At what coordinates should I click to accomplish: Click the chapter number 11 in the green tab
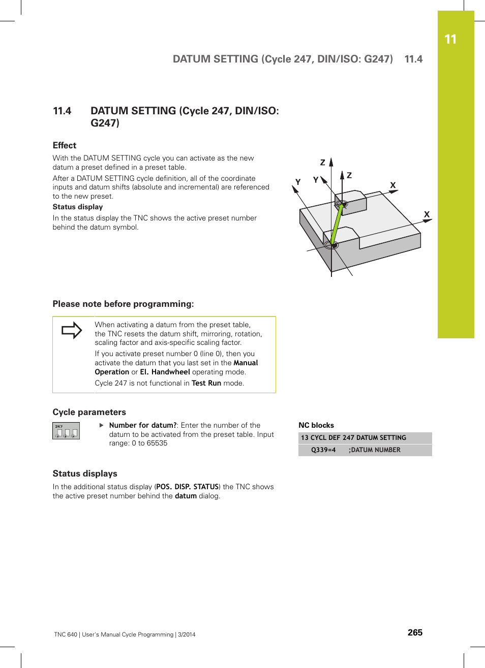pos(450,40)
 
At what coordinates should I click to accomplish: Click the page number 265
pos(415,632)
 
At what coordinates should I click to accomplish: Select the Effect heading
pos(65,145)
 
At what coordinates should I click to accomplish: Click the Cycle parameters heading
pos(89,412)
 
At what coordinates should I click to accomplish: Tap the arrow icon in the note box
pos(72,330)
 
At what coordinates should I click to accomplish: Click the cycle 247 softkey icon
pos(66,431)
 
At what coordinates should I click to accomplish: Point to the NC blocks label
pos(316,425)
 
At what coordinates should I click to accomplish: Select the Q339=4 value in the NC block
pos(323,450)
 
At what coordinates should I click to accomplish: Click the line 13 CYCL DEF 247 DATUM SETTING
pos(353,438)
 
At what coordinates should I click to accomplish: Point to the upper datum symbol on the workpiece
pos(342,205)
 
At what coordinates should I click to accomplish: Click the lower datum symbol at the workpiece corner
pos(331,245)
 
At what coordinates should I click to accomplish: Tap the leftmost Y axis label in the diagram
pos(298,182)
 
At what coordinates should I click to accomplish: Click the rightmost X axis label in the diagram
pos(427,214)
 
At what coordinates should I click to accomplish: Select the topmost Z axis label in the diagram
pos(322,163)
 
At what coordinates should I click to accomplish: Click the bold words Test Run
pos(206,383)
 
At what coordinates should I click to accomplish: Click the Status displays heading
pos(85,473)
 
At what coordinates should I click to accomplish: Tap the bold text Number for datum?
pos(143,425)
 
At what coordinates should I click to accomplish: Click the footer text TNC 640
pos(66,634)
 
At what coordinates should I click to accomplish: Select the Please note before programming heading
pos(123,304)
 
